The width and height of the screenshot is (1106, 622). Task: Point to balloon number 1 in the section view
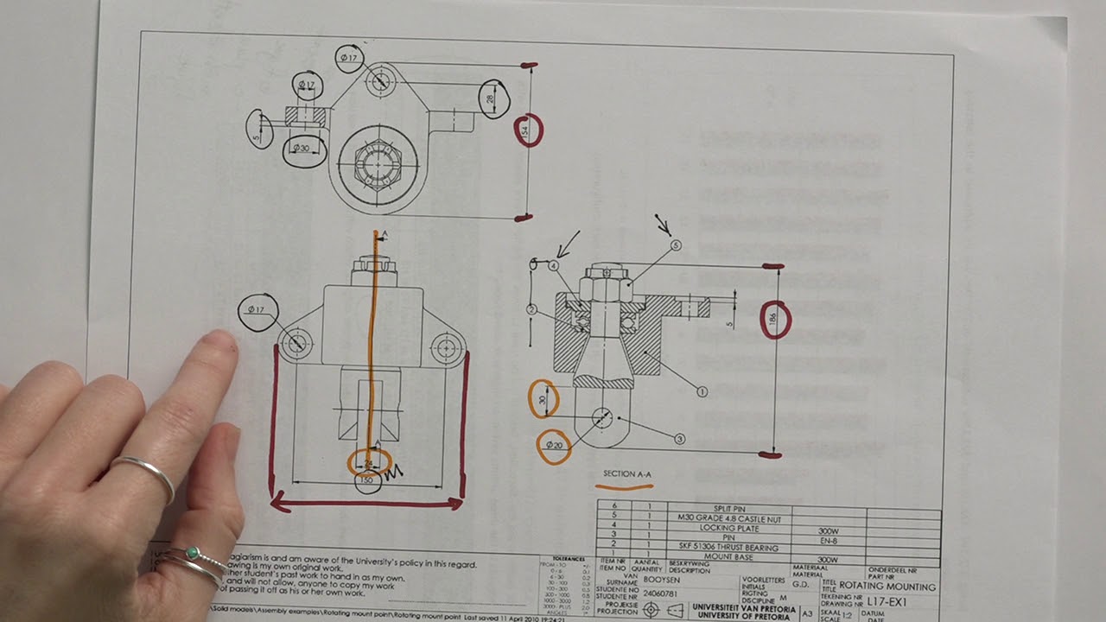click(702, 391)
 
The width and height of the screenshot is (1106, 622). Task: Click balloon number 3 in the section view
click(680, 440)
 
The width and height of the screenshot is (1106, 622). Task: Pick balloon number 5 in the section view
click(676, 245)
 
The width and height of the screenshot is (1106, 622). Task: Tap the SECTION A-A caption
click(627, 474)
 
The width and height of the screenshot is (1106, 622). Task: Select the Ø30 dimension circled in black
click(303, 149)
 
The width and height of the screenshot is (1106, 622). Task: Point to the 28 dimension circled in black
click(492, 99)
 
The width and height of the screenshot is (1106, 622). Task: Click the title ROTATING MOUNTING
click(887, 587)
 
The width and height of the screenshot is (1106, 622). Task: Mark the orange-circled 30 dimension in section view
click(543, 399)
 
